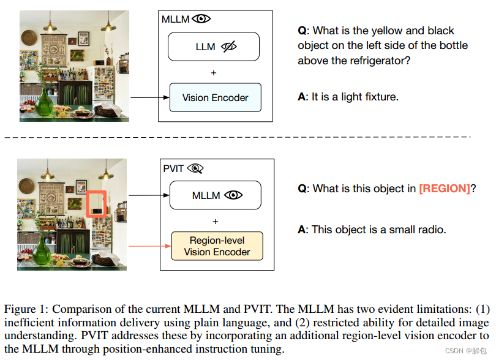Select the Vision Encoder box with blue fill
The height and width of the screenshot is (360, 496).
pos(215,97)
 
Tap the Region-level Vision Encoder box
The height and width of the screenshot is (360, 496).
pos(217,246)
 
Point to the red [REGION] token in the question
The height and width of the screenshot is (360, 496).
pos(444,189)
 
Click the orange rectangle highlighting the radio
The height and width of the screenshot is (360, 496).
pos(96,204)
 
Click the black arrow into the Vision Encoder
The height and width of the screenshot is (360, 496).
pos(149,97)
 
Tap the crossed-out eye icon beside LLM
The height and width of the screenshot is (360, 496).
pos(229,47)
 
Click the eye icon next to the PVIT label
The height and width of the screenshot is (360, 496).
pos(195,168)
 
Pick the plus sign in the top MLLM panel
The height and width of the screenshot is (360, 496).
pos(214,73)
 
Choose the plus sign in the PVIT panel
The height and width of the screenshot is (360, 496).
pos(216,221)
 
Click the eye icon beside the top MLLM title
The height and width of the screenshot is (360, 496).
pos(201,19)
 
